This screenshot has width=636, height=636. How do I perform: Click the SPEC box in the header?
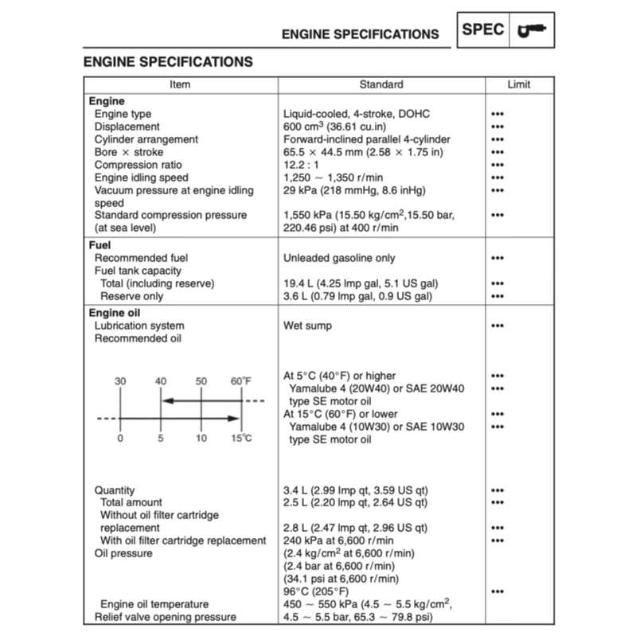coord(483,30)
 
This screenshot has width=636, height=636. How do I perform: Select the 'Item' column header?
coord(181,84)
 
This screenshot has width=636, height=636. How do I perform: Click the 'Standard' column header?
coord(381,84)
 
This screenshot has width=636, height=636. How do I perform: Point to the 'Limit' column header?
coord(518,84)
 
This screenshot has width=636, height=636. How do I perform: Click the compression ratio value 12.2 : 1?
coord(305,165)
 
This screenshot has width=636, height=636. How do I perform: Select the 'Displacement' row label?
coord(127,127)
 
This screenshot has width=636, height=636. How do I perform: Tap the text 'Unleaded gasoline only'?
coord(339,258)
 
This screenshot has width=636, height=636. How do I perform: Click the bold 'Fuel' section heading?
coord(99,245)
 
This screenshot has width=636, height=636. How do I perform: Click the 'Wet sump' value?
coord(308,326)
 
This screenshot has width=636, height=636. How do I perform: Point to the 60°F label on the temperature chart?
coord(241,381)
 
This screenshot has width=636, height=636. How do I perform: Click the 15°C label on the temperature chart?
coord(241,439)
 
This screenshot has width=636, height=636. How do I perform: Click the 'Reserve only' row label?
coord(131,296)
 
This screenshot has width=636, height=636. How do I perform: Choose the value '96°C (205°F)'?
coord(316,591)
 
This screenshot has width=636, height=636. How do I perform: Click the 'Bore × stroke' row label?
coord(129,152)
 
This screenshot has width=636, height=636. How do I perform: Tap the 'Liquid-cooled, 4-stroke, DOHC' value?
coord(357,114)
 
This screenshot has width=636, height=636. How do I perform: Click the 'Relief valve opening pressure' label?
coord(166,617)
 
